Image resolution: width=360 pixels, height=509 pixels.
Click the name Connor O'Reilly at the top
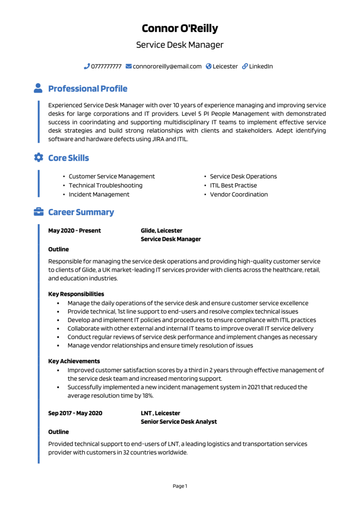pos(180,28)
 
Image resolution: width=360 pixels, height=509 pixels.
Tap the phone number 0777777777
pos(106,66)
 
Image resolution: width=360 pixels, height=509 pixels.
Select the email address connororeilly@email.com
pos(167,66)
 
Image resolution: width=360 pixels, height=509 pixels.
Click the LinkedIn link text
pos(261,66)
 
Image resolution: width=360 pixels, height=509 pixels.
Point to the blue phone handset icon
pos(87,66)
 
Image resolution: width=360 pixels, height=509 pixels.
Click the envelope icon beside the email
pos(129,66)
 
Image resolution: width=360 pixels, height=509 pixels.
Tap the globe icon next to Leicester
pos(209,66)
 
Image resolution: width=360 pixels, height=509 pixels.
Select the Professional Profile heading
pos(88,89)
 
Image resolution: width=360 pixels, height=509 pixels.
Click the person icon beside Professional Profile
pos(38,88)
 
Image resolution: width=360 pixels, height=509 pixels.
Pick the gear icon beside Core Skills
pos(38,158)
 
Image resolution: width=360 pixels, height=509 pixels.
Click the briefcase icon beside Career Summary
pos(38,212)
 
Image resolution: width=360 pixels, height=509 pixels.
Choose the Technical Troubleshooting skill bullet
pos(105,185)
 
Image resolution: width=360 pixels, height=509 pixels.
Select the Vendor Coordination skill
pos(239,194)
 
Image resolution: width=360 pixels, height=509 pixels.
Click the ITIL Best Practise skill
pos(233,185)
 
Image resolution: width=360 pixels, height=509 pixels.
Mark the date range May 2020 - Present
pos(74,231)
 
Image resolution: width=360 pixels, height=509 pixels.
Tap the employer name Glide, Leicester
pos(161,231)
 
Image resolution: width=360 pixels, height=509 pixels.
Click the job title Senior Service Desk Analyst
pos(179,422)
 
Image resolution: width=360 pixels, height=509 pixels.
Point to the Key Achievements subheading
pos(74,361)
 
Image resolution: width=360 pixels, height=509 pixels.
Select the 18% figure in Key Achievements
pos(147,396)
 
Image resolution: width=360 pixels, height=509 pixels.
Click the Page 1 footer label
pos(180,486)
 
